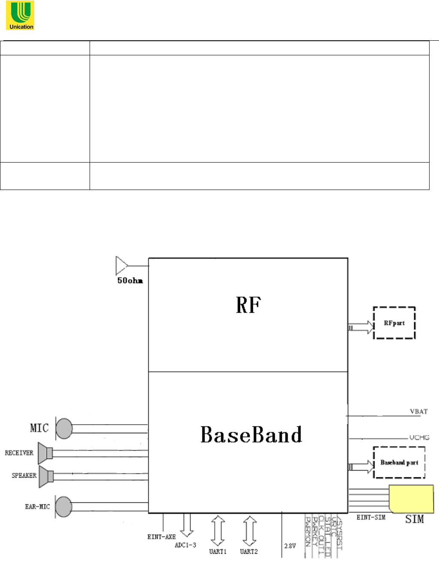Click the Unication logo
[20, 16]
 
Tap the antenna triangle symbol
[121, 265]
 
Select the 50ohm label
[130, 280]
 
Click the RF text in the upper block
[248, 305]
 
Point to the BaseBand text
[251, 434]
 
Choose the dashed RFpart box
[394, 323]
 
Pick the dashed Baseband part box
[399, 462]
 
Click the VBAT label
[419, 411]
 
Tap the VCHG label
[419, 437]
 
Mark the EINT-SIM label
[371, 517]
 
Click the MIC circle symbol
[64, 428]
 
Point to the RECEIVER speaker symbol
[45, 453]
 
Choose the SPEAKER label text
[24, 475]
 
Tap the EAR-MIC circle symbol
[64, 507]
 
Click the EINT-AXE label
[161, 537]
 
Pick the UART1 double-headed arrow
[218, 531]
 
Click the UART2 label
[249, 552]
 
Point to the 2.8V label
[290, 546]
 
